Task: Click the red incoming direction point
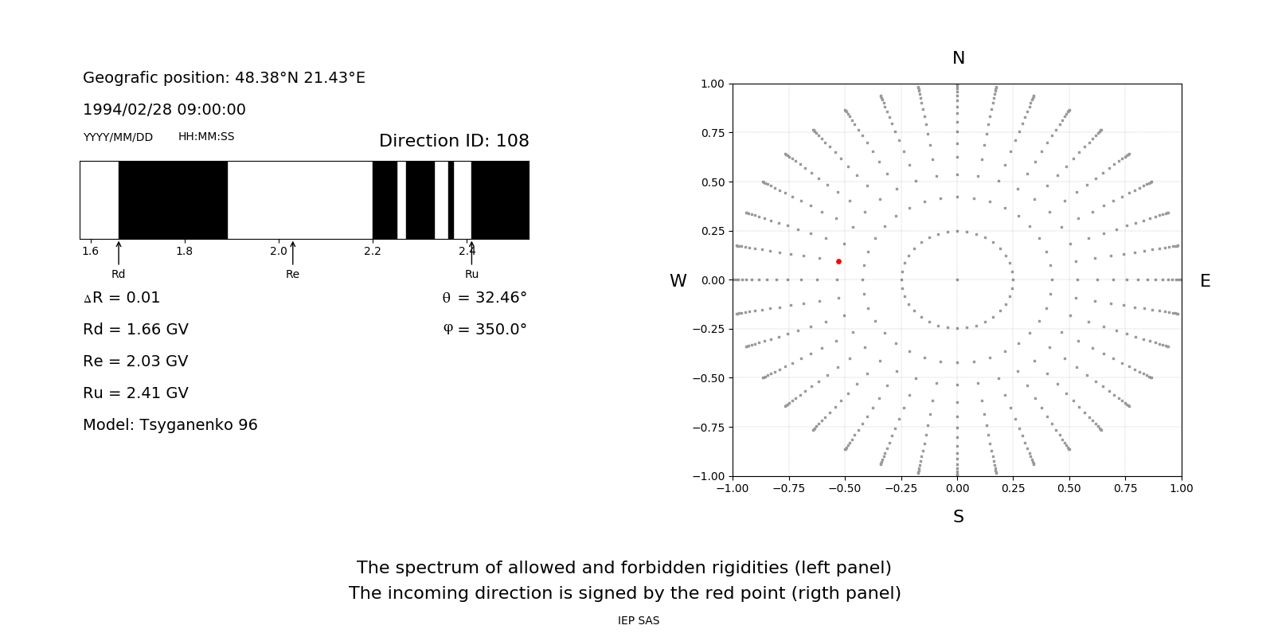[x=838, y=261]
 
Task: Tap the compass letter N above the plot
[x=959, y=58]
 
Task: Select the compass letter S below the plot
[x=959, y=517]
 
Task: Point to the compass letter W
[x=678, y=281]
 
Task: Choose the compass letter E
[x=1205, y=281]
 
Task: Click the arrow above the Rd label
[x=119, y=252]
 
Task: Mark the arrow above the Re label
[x=292, y=252]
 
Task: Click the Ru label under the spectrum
[x=471, y=274]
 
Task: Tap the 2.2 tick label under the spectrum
[x=372, y=251]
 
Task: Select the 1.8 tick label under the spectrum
[x=184, y=251]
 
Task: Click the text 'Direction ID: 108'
[x=454, y=141]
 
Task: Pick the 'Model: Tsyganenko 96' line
[x=170, y=424]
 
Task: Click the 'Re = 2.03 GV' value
[x=135, y=361]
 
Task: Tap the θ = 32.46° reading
[x=484, y=297]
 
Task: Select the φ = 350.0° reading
[x=484, y=329]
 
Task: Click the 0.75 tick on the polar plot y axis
[x=712, y=133]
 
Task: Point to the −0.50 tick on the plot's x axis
[x=844, y=488]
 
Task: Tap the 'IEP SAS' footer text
[x=639, y=620]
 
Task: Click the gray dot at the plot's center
[x=957, y=279]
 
